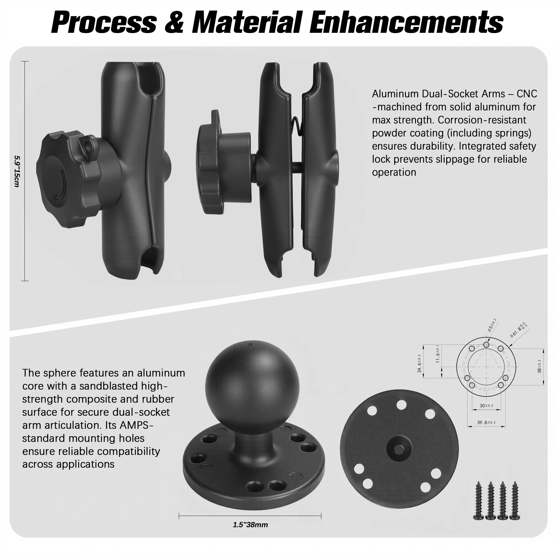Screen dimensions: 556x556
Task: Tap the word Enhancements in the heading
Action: [x=406, y=22]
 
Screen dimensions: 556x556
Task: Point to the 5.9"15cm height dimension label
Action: [x=17, y=172]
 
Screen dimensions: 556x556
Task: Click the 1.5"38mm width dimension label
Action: [x=250, y=525]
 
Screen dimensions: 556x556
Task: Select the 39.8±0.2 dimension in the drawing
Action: [x=486, y=423]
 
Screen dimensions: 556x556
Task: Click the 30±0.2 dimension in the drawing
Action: [x=486, y=406]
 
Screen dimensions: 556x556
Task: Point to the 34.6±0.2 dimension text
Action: [x=419, y=363]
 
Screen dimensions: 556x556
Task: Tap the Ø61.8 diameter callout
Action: [x=518, y=329]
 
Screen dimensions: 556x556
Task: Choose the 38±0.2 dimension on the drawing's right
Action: [x=539, y=366]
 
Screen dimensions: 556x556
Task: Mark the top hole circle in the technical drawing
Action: [x=486, y=344]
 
